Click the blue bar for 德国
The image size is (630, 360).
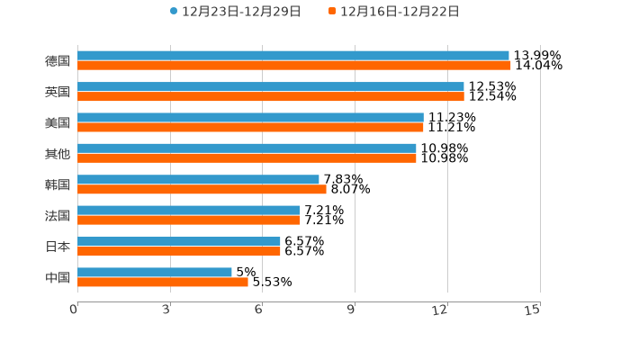click(x=293, y=56)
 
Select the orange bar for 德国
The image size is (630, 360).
click(x=294, y=66)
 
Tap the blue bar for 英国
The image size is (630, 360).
click(x=271, y=86)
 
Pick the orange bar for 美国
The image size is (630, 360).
click(x=250, y=128)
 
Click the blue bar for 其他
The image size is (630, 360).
click(x=247, y=148)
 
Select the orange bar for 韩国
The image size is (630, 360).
click(x=202, y=190)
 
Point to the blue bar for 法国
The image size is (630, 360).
click(x=189, y=211)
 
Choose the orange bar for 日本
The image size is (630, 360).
click(x=179, y=251)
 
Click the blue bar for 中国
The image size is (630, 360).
click(x=155, y=272)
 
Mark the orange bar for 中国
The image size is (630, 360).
click(x=163, y=283)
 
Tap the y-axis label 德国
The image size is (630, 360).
click(x=58, y=61)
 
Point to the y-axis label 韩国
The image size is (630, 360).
click(x=58, y=184)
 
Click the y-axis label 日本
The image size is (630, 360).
click(x=58, y=247)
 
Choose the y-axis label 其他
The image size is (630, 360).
click(x=58, y=154)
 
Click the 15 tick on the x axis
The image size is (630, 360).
click(x=533, y=310)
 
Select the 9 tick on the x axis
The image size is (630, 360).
click(x=352, y=310)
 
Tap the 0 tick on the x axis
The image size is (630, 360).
click(x=74, y=310)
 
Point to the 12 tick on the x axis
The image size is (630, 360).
click(x=440, y=310)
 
